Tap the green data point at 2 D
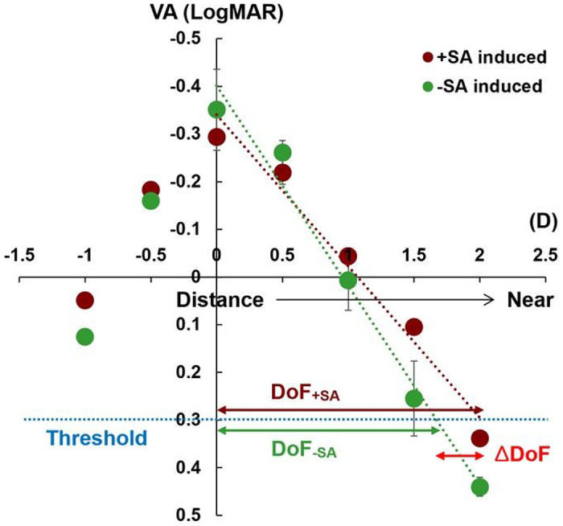(x=480, y=487)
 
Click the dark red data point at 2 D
(x=480, y=438)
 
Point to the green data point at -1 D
(x=84, y=336)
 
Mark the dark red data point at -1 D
(x=84, y=300)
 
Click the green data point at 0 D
(x=216, y=109)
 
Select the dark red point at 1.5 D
(x=414, y=327)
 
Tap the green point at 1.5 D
(x=414, y=398)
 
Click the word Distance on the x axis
(x=220, y=300)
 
